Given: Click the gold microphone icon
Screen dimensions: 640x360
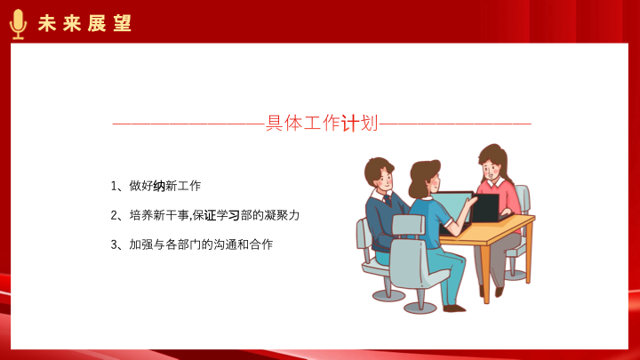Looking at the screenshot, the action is [x=18, y=24].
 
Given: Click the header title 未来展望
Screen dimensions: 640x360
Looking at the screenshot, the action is [x=85, y=23].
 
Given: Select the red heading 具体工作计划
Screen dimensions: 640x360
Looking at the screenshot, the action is [x=322, y=123].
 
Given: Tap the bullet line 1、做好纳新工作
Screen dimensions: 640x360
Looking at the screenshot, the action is [x=156, y=186].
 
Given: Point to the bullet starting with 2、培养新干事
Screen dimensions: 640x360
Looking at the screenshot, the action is [x=205, y=215].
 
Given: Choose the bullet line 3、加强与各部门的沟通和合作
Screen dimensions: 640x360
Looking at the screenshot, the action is [x=191, y=244].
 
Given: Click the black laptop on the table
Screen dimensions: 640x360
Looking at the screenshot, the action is [x=485, y=208].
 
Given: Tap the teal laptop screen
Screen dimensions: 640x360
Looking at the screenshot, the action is [x=452, y=206].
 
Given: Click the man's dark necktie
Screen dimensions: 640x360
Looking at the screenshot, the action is [x=388, y=201].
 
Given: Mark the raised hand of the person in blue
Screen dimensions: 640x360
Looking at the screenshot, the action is [x=472, y=202].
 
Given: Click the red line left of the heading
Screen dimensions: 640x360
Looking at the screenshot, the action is [x=189, y=124].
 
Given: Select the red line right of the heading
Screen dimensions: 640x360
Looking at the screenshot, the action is [x=455, y=124].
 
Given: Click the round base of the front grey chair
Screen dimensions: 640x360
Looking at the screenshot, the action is [x=420, y=307].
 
